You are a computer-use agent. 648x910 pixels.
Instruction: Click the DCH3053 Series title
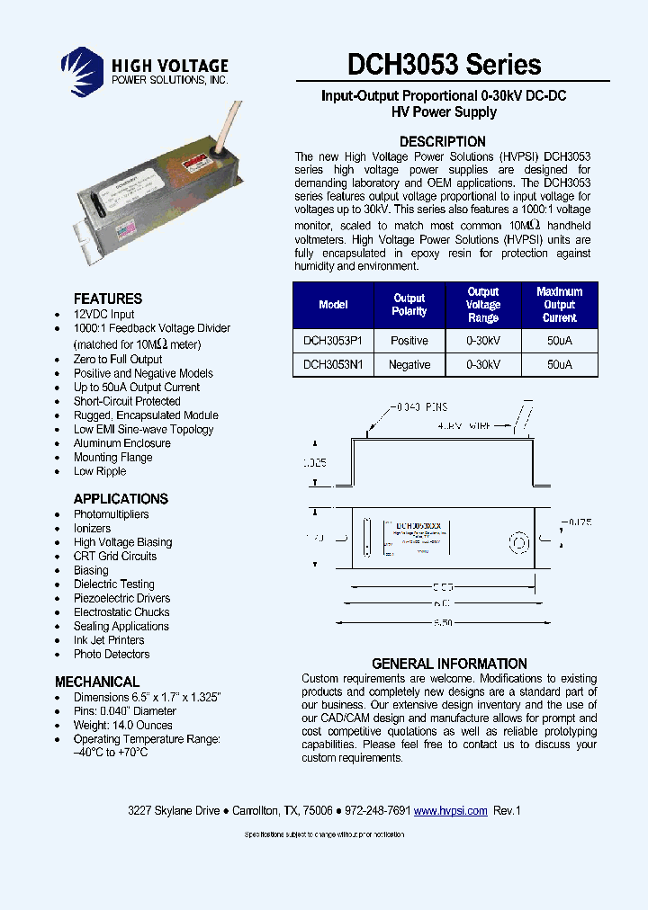444,65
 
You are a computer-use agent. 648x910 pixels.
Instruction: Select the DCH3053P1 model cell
333,341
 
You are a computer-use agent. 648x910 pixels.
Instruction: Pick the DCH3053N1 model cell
333,365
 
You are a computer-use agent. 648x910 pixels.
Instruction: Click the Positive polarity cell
409,341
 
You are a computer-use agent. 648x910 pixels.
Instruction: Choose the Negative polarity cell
409,365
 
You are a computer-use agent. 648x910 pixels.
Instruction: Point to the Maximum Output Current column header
559,305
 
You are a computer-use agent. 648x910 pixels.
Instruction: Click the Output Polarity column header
409,305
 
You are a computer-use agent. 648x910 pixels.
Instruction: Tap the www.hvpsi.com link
450,810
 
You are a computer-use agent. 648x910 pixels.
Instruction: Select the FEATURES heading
108,299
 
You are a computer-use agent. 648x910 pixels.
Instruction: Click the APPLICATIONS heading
121,499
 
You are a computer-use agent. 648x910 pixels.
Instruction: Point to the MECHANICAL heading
97,682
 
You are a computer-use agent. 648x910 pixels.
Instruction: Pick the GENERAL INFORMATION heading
449,664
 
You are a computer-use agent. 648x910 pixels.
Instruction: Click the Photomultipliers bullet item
112,514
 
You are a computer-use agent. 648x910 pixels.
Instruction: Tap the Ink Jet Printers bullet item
109,640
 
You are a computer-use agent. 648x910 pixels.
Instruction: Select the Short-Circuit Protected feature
127,401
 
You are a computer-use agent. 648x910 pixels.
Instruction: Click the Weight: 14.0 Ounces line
123,725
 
